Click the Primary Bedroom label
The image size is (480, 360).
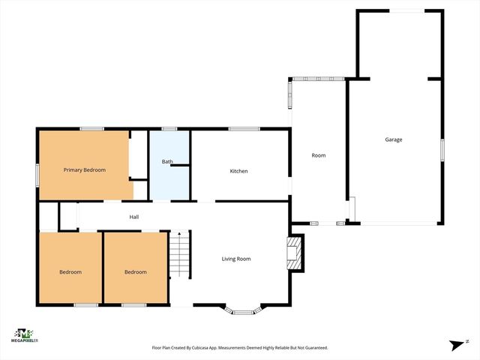click(x=84, y=170)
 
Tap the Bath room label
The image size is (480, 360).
click(x=168, y=161)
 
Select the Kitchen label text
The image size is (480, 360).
click(x=238, y=171)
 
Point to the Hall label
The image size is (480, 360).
click(x=134, y=217)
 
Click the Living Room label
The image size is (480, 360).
click(x=235, y=259)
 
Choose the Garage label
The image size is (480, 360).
click(x=394, y=139)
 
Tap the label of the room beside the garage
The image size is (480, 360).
click(x=319, y=155)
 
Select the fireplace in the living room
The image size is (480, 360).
click(x=295, y=253)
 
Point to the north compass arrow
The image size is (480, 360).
click(x=455, y=344)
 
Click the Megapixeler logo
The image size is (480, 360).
click(x=25, y=334)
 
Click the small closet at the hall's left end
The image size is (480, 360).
click(x=48, y=217)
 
